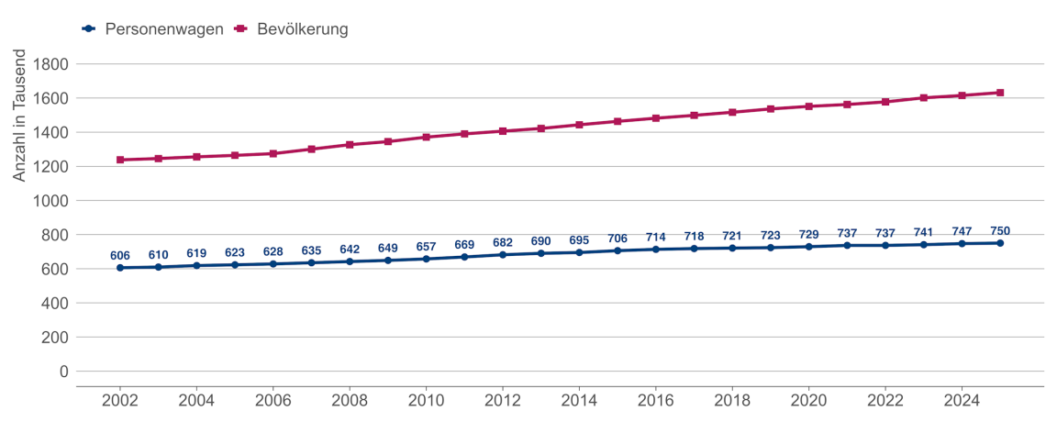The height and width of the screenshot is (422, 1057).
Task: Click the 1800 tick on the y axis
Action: [x=51, y=64]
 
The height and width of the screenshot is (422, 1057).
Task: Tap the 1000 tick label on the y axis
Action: [x=51, y=201]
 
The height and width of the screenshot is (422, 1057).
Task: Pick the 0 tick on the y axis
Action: [x=63, y=372]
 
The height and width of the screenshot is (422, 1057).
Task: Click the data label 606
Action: [x=120, y=254]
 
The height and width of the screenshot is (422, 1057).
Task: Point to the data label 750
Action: [x=1000, y=230]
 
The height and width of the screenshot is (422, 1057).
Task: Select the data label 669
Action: [x=464, y=244]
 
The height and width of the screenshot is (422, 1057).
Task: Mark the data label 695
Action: [x=579, y=239]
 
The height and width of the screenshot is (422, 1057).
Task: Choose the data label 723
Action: [x=770, y=235]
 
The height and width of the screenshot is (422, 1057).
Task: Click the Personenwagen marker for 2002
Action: [x=120, y=268]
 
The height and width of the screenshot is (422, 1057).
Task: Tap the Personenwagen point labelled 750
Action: [x=1000, y=243]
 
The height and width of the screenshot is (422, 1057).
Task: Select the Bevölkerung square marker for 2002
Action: [x=120, y=160]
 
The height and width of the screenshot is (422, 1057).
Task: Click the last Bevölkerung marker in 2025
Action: [x=1000, y=93]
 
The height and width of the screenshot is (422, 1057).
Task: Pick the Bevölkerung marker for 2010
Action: [x=426, y=137]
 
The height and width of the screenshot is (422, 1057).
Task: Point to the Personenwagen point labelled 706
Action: [x=618, y=250]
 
